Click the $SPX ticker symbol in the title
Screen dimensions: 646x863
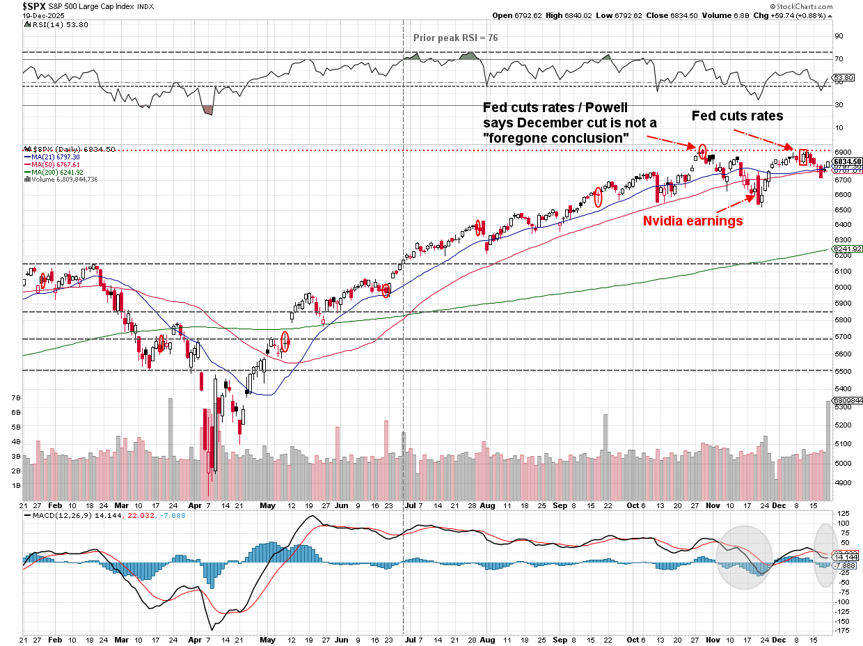(34, 6)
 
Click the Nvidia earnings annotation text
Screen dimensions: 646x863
(692, 221)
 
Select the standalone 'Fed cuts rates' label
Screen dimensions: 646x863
(737, 116)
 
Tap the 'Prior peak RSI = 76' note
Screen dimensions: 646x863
(455, 38)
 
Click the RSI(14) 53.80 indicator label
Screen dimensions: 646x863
(51, 24)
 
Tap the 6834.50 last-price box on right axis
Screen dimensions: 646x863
(848, 161)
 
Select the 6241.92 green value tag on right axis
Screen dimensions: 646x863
(847, 249)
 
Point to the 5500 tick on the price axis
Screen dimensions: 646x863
(844, 370)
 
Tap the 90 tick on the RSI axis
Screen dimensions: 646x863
(839, 36)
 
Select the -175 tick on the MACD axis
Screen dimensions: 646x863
(842, 631)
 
